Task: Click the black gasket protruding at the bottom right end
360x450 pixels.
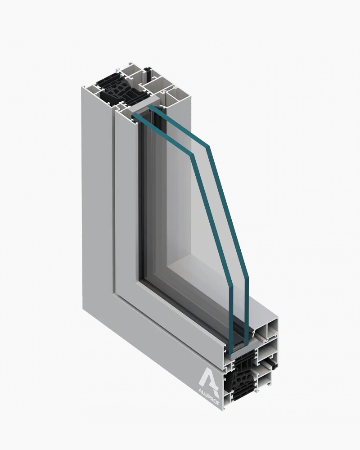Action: (x=271, y=360)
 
